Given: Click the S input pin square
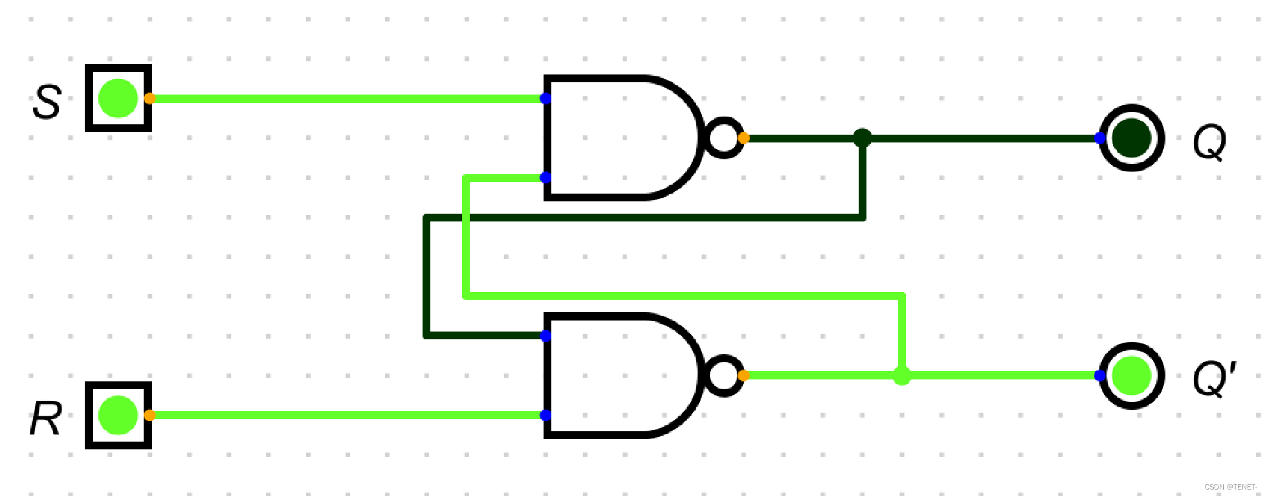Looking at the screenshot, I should (118, 98).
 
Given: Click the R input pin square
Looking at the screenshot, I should (118, 415).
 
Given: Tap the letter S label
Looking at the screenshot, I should (47, 102).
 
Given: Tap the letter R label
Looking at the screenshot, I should (46, 418).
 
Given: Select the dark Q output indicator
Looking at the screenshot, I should (1131, 138).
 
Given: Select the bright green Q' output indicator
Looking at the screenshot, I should (1131, 376).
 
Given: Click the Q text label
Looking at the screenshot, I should (1209, 142).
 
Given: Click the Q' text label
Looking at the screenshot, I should (1214, 379).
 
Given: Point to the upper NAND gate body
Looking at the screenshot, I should (621, 138).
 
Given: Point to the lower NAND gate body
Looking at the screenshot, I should (621, 376).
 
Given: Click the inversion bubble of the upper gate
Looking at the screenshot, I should (723, 138).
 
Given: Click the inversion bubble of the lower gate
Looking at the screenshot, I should (723, 376).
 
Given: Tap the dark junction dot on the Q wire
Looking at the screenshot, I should (862, 138).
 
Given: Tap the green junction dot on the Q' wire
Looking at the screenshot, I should (902, 376).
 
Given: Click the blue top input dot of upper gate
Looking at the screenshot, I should (545, 98).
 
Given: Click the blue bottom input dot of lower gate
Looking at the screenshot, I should (545, 415).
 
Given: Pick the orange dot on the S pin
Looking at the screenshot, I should (149, 98).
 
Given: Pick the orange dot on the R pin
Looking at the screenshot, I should (149, 415).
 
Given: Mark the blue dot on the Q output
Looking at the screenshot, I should (1100, 138).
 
